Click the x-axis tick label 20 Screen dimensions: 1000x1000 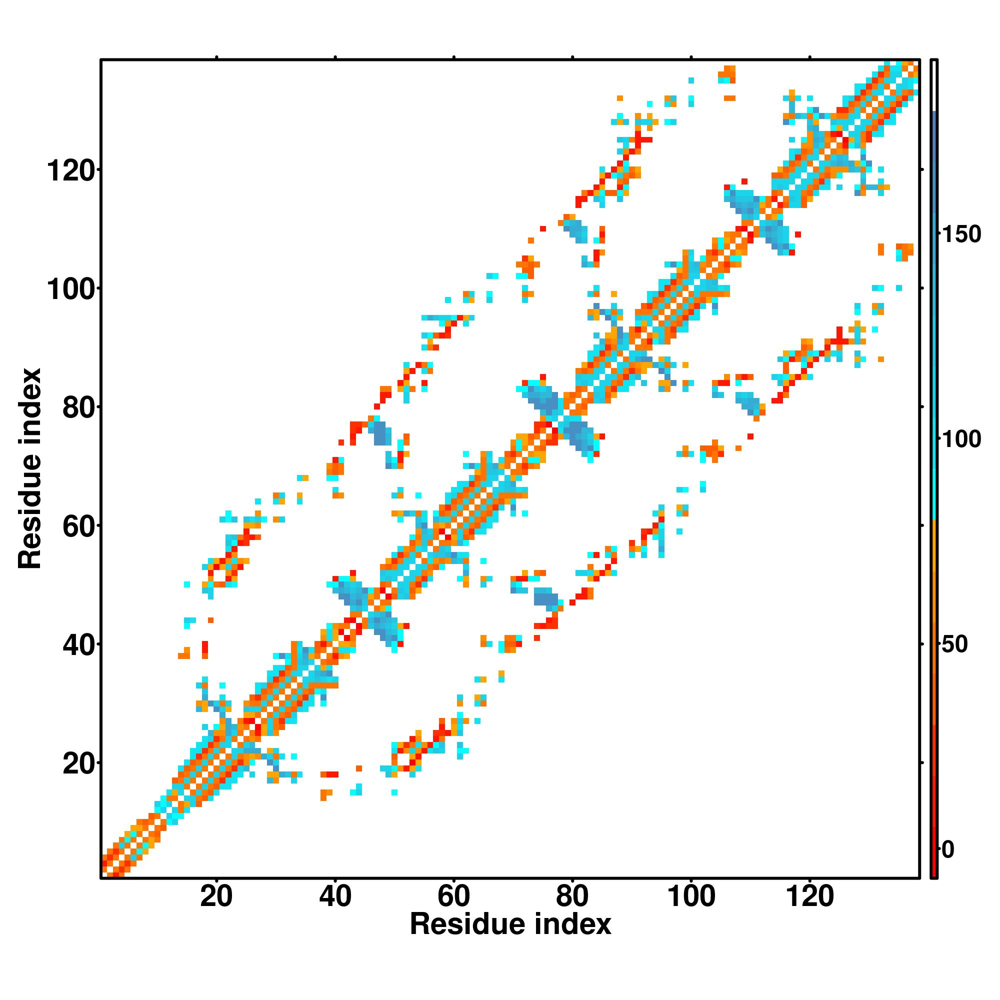[x=216, y=896]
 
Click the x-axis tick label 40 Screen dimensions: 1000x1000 [x=335, y=896]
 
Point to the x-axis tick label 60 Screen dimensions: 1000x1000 [x=453, y=896]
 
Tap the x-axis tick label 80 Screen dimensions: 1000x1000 [x=572, y=896]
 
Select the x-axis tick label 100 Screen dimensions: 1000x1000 [x=691, y=896]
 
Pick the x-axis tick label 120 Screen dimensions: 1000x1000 [x=809, y=896]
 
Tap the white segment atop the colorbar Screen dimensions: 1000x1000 [x=934, y=85]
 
